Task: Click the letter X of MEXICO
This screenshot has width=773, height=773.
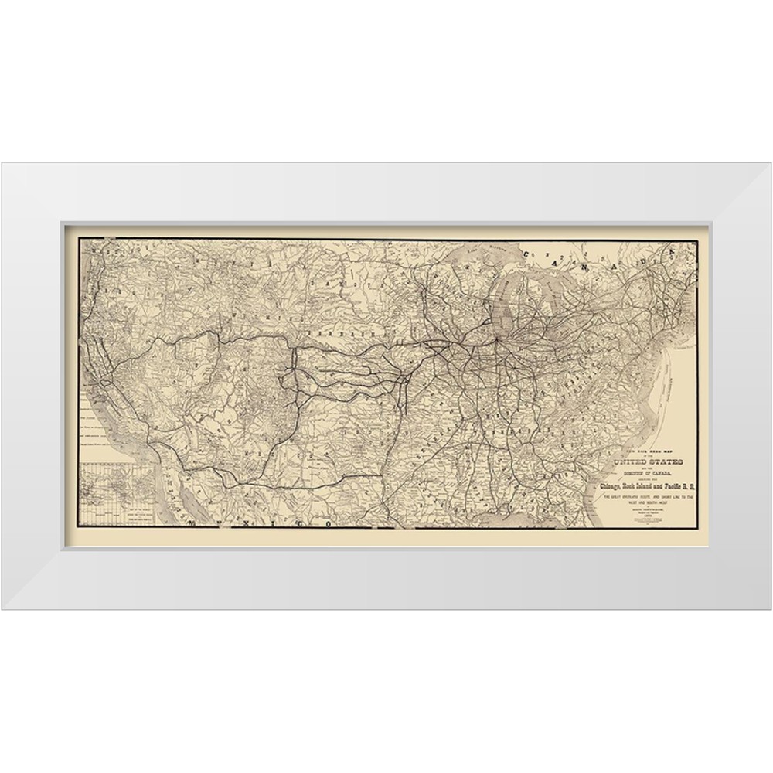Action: (257, 523)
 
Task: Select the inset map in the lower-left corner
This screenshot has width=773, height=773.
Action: (116, 495)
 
